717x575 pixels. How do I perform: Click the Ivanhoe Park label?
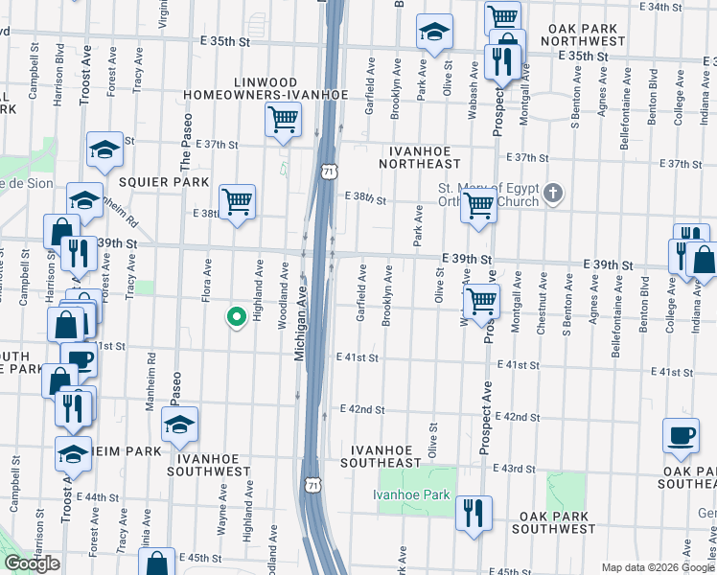pyautogui.click(x=411, y=494)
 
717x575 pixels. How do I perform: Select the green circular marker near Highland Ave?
pyautogui.click(x=236, y=316)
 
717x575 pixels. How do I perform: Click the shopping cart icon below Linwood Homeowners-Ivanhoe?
pyautogui.click(x=283, y=120)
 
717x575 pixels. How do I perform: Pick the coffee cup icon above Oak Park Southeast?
pyautogui.click(x=682, y=436)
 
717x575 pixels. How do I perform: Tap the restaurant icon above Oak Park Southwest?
pyautogui.click(x=474, y=512)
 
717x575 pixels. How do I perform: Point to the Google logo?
pyautogui.click(x=32, y=563)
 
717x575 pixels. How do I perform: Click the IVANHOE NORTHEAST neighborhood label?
pyautogui.click(x=426, y=151)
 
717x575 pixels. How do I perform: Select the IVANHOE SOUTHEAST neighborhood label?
pyautogui.click(x=386, y=455)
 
